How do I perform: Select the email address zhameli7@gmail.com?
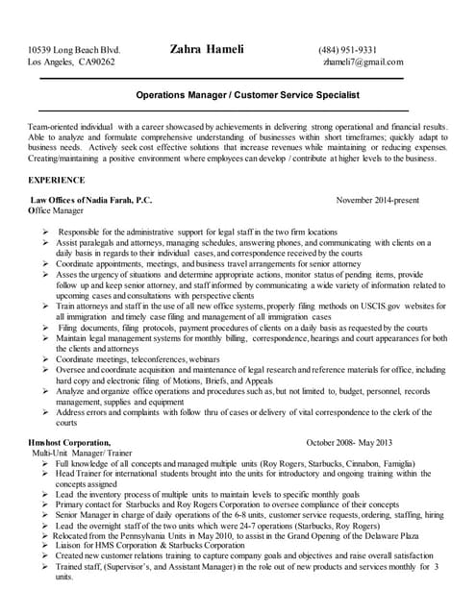(x=363, y=62)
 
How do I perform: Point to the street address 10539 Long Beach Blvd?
(x=74, y=50)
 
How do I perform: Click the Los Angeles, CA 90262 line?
(x=71, y=62)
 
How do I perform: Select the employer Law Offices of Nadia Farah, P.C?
(x=91, y=200)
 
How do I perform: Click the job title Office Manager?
(x=56, y=210)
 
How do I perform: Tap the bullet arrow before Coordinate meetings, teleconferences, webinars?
(x=45, y=358)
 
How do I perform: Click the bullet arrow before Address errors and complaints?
(x=45, y=411)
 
